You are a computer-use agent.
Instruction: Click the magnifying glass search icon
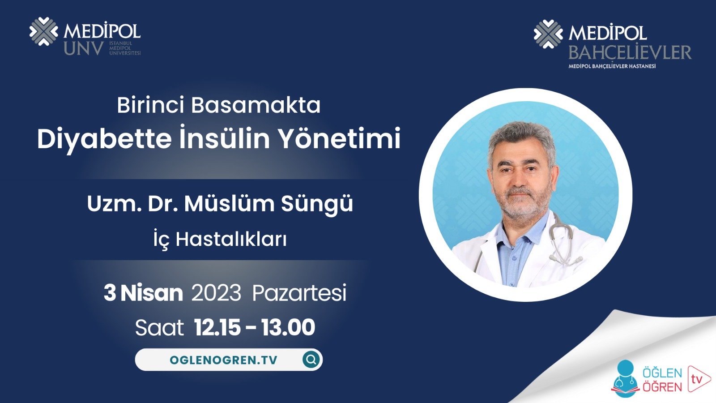(311, 359)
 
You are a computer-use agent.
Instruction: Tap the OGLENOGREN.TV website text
(223, 360)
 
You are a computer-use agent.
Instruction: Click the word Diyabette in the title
(104, 139)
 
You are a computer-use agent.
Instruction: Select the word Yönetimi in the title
(340, 139)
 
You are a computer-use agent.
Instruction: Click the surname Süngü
(317, 204)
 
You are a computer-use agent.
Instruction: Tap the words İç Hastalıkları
(220, 239)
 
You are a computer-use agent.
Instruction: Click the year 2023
(216, 293)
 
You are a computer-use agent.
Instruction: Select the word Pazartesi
(299, 293)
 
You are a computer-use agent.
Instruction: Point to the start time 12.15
(217, 328)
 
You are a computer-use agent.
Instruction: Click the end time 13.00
(288, 328)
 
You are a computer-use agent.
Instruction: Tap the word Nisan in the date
(151, 293)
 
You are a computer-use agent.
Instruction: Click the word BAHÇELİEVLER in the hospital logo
(630, 53)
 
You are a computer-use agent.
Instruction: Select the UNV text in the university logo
(83, 49)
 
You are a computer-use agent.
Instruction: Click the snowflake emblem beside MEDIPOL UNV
(43, 31)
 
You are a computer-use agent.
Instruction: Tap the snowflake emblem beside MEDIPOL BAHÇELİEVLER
(548, 34)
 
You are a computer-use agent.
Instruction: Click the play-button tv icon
(698, 379)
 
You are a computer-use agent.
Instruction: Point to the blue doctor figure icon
(626, 379)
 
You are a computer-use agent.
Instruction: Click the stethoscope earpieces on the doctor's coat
(566, 257)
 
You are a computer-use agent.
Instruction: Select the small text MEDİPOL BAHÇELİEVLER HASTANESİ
(612, 66)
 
